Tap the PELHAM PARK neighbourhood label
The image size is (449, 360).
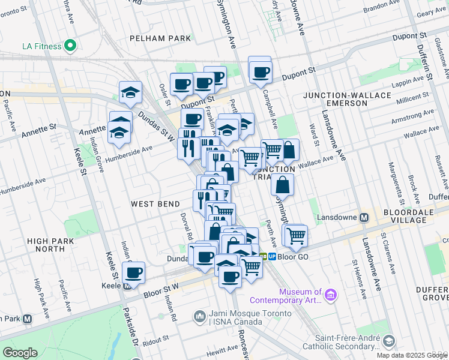click(x=160, y=38)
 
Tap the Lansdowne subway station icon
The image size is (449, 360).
click(x=363, y=217)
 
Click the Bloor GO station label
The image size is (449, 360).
click(x=294, y=256)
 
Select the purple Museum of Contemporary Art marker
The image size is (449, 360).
click(x=331, y=295)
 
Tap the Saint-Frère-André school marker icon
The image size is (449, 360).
click(x=389, y=341)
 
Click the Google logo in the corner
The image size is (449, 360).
click(x=20, y=352)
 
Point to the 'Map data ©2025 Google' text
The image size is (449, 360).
click(x=412, y=355)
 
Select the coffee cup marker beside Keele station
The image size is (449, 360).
click(x=133, y=274)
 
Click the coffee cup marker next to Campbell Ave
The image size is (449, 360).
click(x=260, y=72)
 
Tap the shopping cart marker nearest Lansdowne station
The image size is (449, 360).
click(x=296, y=236)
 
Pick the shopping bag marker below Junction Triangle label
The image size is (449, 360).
click(x=282, y=185)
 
